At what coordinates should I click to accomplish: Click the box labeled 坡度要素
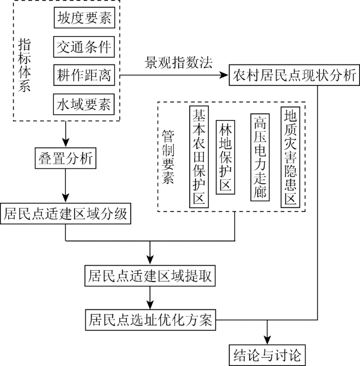click(84, 18)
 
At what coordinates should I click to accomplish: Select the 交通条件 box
click(84, 47)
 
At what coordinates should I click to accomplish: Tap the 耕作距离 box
click(84, 75)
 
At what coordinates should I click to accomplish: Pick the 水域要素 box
click(84, 104)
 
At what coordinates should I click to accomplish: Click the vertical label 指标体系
click(25, 65)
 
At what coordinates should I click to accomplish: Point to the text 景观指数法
click(178, 63)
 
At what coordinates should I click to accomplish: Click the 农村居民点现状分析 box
click(294, 75)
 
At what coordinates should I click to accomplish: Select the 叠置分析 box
click(65, 158)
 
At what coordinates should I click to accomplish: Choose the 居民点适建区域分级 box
click(65, 214)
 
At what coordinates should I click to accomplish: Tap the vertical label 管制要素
click(168, 157)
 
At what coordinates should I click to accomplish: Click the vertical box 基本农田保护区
click(199, 156)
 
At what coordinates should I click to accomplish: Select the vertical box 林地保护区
click(225, 157)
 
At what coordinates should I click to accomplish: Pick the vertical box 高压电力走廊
click(260, 158)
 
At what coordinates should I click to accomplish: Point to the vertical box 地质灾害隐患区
click(290, 157)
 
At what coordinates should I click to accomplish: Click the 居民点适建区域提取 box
click(150, 276)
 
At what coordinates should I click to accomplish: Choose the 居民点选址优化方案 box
click(150, 320)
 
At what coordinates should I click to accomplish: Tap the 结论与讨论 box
click(267, 355)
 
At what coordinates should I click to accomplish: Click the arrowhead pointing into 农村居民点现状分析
click(224, 75)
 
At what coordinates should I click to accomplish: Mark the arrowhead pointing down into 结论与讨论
click(267, 340)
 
